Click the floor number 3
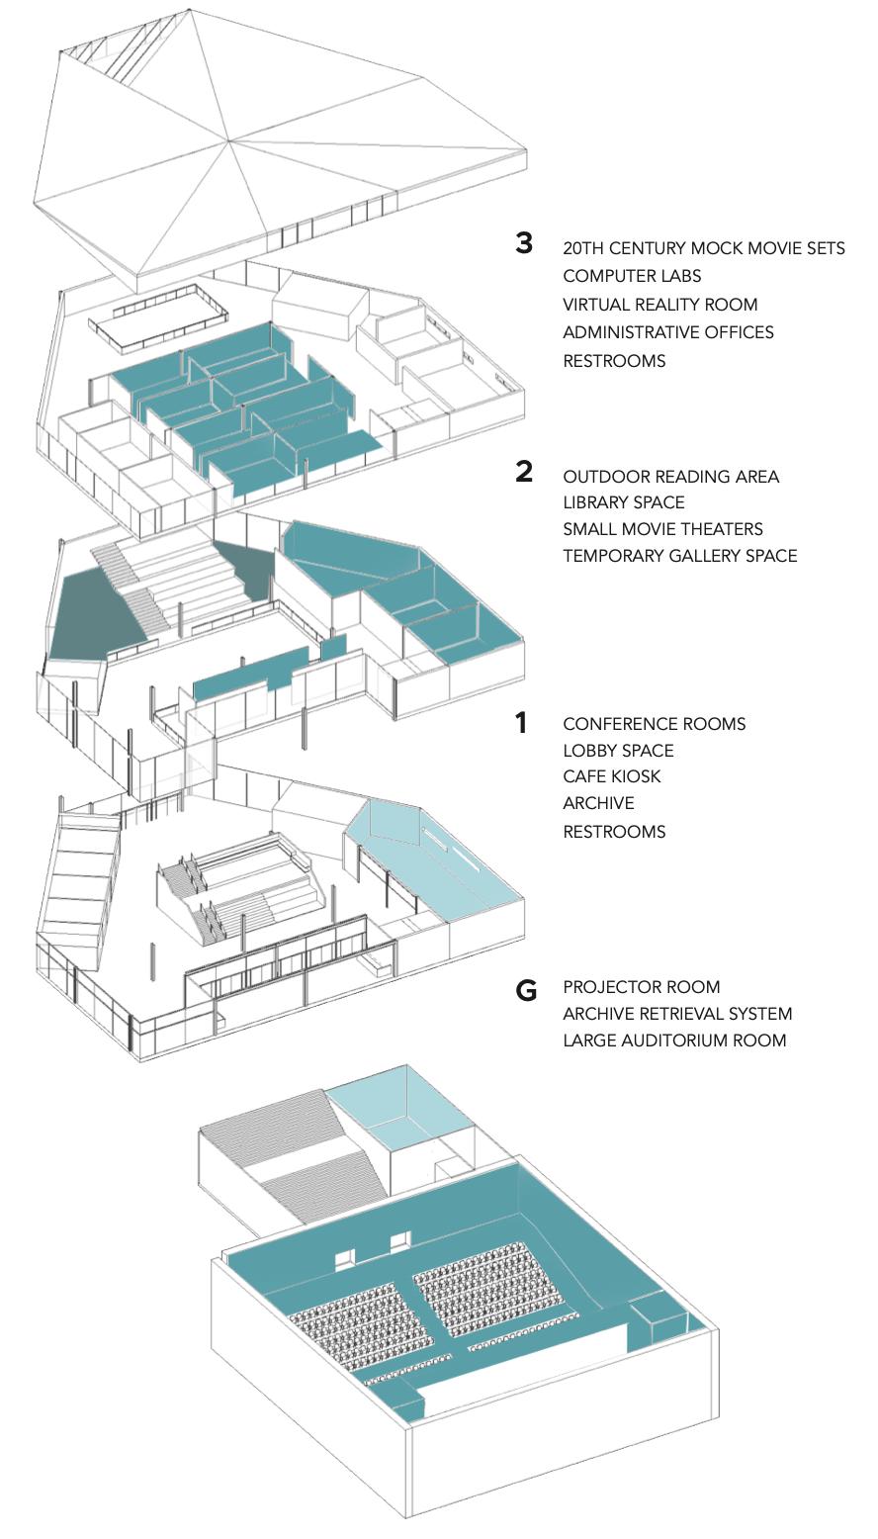pos(524,242)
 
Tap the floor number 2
pos(524,472)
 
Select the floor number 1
pos(521,723)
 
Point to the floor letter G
pos(526,989)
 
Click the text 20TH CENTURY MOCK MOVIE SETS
pos(704,248)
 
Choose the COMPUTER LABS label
pos(632,276)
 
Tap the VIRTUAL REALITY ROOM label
pos(659,305)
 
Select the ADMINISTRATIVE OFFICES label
pos(668,332)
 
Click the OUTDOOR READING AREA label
pos(670,477)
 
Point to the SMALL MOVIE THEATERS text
pos(662,529)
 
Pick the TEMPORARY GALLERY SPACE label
pos(679,556)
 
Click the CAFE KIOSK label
pos(611,776)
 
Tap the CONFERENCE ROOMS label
pos(654,724)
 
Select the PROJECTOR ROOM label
pos(641,987)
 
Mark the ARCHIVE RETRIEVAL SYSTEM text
pos(677,1014)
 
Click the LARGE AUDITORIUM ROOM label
pos(674,1041)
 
